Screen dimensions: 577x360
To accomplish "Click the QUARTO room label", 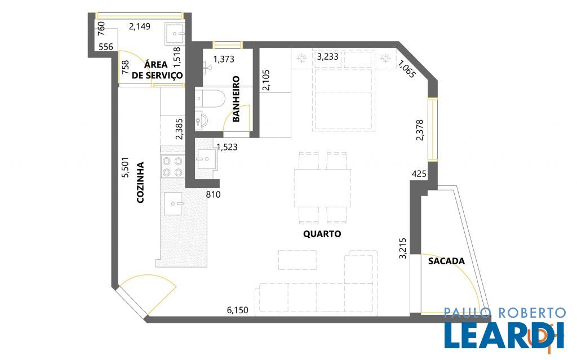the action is pyautogui.click(x=322, y=234).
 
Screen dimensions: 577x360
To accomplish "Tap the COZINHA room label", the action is pyautogui.click(x=140, y=183).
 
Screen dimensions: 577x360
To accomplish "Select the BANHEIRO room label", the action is pyautogui.click(x=236, y=99).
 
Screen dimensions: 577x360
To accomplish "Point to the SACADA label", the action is pyautogui.click(x=446, y=261).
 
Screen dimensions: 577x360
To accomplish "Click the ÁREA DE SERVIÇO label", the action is pyautogui.click(x=157, y=70).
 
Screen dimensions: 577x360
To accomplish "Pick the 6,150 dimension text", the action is pyautogui.click(x=237, y=310).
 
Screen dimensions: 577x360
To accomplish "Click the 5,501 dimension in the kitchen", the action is pyautogui.click(x=126, y=168).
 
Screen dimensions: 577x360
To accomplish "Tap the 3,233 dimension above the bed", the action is pyautogui.click(x=327, y=57).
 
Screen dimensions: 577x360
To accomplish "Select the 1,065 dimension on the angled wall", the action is pyautogui.click(x=407, y=69).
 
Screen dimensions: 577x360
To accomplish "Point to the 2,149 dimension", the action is pyautogui.click(x=140, y=26).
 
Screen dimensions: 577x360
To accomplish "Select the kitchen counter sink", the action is pyautogui.click(x=173, y=203).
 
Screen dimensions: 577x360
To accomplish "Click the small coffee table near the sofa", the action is pyautogui.click(x=298, y=260).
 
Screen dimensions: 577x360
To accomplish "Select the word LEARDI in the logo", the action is pyautogui.click(x=504, y=335).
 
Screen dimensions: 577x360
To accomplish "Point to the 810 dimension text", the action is pyautogui.click(x=213, y=194).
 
